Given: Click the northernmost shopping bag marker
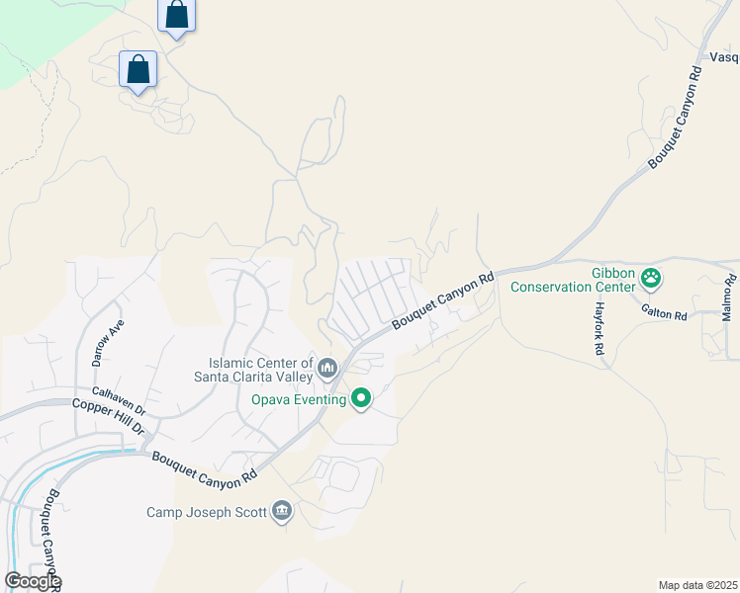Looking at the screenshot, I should [x=176, y=16].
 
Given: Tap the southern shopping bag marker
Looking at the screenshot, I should [x=138, y=70].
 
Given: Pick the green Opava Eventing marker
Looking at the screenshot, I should [x=361, y=399].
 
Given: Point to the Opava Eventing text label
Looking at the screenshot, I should [x=298, y=399].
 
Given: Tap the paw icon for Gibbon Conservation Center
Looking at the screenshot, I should [x=651, y=280].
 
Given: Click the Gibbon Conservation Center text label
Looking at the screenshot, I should [x=572, y=280].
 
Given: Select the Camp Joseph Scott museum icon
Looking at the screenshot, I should [x=282, y=511].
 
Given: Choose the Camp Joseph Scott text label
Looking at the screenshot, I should [x=207, y=512].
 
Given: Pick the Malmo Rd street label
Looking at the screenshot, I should [x=727, y=305].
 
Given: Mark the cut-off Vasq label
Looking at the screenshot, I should [x=724, y=58].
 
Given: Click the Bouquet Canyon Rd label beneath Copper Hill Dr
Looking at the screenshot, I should [x=205, y=467].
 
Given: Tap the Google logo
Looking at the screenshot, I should [x=33, y=581].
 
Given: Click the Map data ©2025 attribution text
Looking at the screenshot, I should [x=696, y=585].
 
